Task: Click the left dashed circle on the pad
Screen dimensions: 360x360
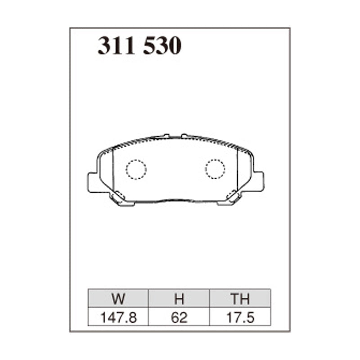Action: (x=136, y=169)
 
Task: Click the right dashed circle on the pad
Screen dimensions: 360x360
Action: (x=215, y=169)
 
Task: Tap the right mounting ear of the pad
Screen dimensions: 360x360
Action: (x=258, y=181)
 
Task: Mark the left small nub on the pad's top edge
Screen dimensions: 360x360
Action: (x=166, y=135)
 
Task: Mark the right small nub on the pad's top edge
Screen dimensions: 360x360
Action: (x=184, y=135)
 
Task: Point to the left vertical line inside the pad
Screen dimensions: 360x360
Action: (x=113, y=171)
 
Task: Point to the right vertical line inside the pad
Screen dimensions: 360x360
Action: (x=238, y=171)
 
